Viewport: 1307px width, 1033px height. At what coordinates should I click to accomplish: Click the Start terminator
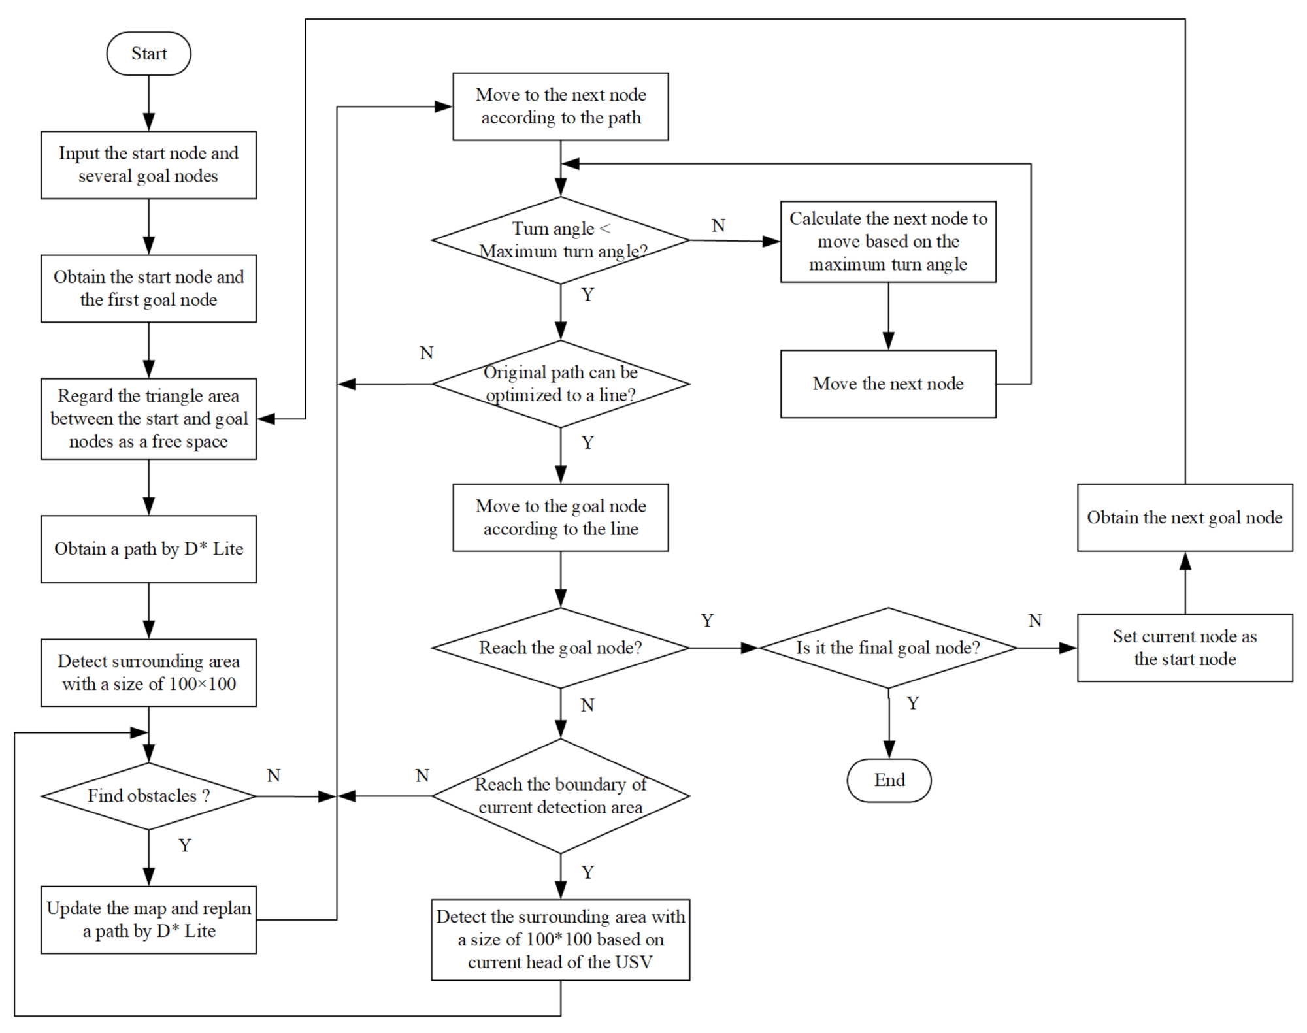click(149, 54)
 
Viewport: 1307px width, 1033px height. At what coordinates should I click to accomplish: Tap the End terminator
click(889, 780)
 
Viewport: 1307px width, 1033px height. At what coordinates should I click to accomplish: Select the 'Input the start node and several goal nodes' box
click(149, 165)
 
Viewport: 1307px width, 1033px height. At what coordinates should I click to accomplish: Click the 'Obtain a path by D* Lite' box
click(149, 549)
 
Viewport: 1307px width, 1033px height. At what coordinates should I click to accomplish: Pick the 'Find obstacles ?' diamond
click(149, 796)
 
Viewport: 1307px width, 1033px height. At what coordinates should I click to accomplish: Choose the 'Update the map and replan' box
click(149, 919)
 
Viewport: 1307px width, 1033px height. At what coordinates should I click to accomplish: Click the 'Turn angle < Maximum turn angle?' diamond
click(561, 240)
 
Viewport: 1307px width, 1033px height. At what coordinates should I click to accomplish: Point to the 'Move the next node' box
click(888, 384)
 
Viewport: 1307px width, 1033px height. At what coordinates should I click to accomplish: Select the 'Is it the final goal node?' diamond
click(888, 648)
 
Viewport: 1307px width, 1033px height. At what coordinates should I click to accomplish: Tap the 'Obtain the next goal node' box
click(1185, 517)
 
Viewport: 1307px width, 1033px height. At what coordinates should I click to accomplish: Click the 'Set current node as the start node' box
click(1185, 648)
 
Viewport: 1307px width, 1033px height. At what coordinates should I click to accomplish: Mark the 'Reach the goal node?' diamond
click(561, 648)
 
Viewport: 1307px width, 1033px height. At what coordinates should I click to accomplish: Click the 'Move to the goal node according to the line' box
click(561, 517)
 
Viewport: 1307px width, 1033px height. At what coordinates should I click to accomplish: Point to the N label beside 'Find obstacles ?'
click(274, 776)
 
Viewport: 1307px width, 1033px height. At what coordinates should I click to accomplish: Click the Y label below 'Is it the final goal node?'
click(913, 703)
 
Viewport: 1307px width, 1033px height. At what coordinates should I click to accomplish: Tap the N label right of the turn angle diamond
click(718, 225)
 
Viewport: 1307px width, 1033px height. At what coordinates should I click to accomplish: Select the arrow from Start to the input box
click(149, 103)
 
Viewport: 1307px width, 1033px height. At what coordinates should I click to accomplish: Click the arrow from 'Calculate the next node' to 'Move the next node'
click(888, 316)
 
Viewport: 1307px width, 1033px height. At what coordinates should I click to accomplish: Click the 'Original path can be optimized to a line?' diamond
click(561, 384)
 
